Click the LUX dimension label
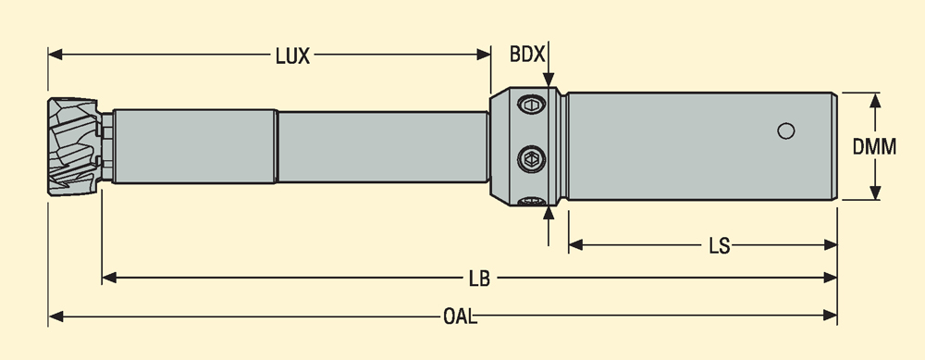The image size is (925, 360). point(292,56)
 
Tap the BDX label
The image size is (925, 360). point(527,55)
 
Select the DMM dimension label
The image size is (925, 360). point(874,146)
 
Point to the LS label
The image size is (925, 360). point(719,246)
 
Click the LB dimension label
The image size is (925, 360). point(479,279)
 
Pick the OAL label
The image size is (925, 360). point(460,317)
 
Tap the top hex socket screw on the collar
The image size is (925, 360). point(531,106)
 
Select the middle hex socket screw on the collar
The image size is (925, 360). point(532,159)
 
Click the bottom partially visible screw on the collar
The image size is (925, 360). point(531,202)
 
